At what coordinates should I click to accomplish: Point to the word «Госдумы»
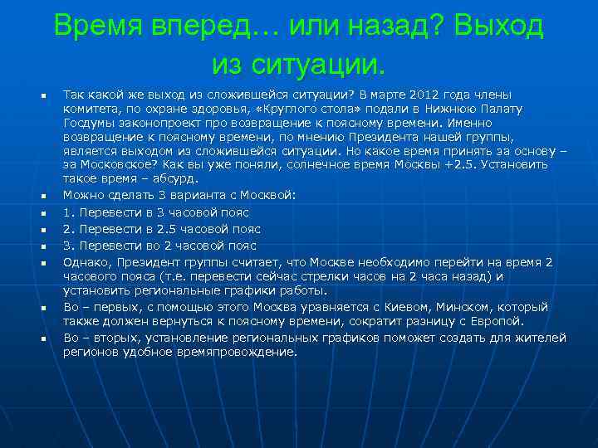pos(88,123)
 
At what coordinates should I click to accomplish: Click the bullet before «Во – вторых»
pos(41,339)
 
